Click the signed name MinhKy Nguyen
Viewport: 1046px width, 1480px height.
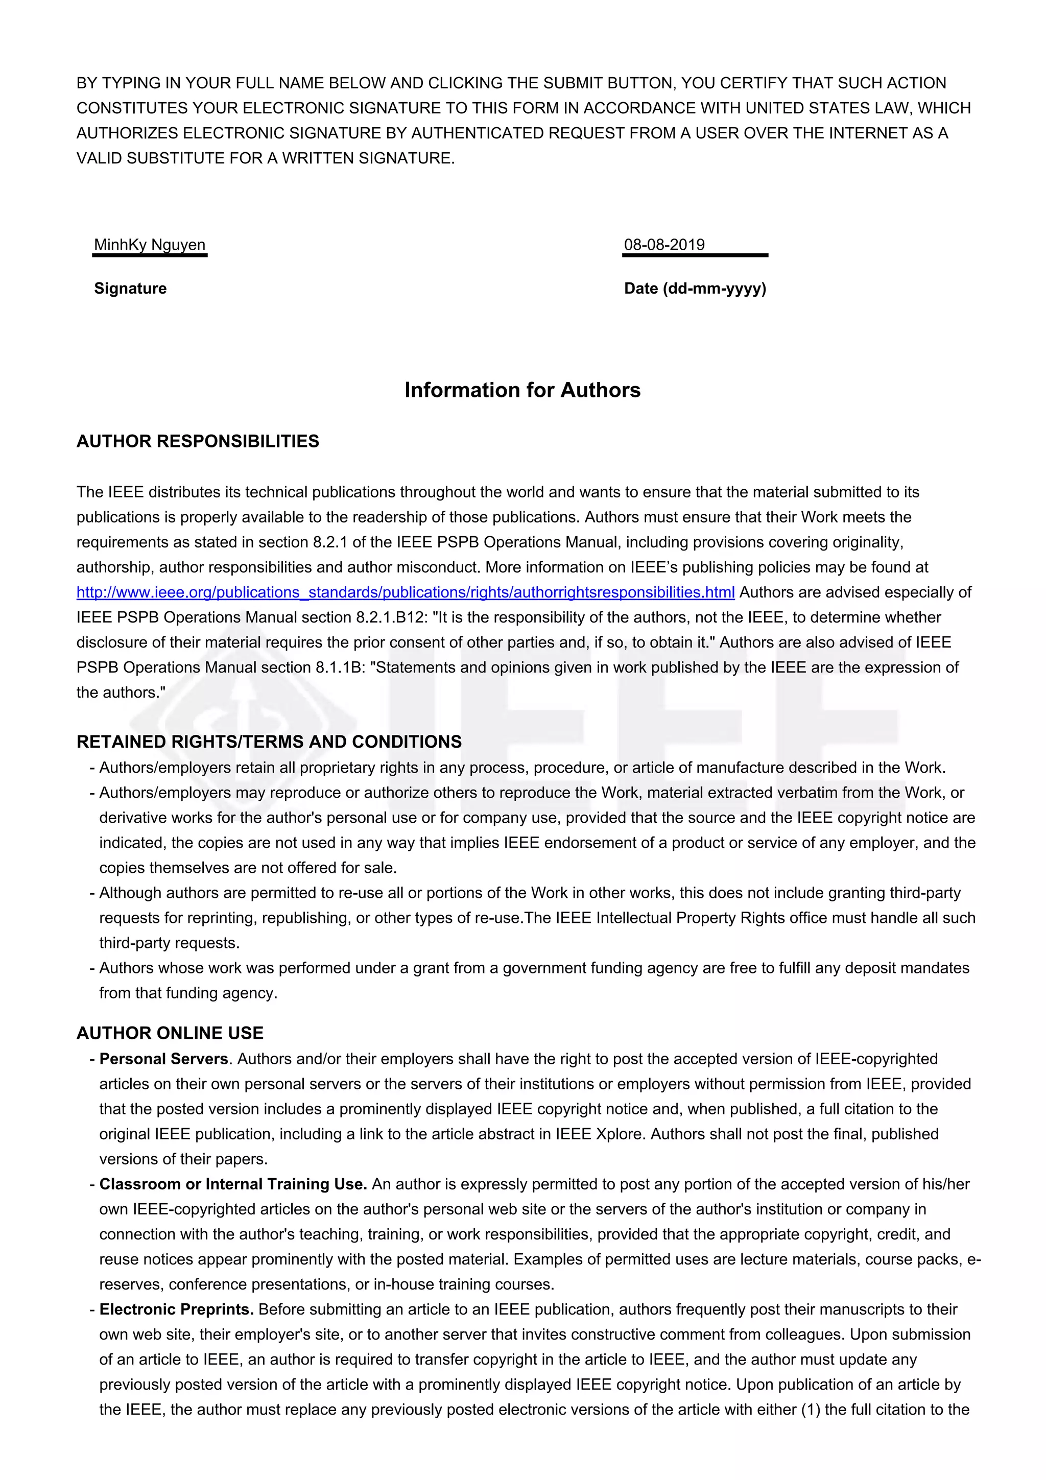click(150, 245)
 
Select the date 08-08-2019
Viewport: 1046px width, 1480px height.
click(664, 245)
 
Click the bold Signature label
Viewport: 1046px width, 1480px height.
click(130, 288)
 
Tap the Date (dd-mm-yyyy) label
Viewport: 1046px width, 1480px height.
click(695, 288)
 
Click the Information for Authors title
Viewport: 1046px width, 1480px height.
click(522, 390)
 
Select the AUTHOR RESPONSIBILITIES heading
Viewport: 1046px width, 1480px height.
click(198, 442)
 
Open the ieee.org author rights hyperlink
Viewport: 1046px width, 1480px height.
click(406, 592)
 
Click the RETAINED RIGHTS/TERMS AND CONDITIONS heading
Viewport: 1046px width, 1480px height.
click(269, 742)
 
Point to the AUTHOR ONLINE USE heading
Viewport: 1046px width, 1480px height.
click(170, 1033)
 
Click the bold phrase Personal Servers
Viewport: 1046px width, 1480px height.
click(164, 1059)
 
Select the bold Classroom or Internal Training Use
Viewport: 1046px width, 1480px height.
click(233, 1184)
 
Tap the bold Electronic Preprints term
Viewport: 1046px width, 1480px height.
click(176, 1309)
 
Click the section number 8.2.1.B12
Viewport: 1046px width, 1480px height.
click(391, 617)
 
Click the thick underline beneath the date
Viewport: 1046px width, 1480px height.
click(695, 255)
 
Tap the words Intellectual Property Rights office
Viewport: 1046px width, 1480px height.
click(721, 918)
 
